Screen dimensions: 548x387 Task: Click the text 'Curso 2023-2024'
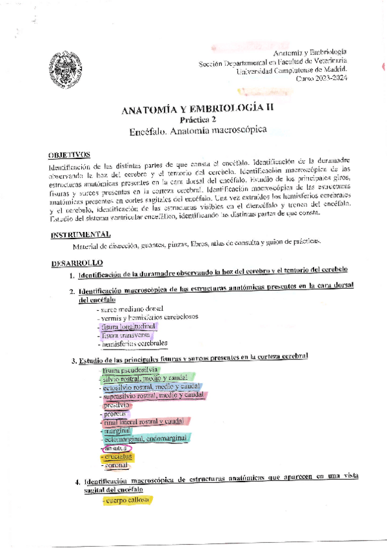[x=321, y=78]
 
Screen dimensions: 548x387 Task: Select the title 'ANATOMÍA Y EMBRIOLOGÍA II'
[x=197, y=110]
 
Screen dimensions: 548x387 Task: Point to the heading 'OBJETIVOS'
[x=71, y=155]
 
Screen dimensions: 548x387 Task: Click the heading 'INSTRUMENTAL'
[x=81, y=234]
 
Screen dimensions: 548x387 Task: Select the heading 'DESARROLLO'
[x=77, y=263]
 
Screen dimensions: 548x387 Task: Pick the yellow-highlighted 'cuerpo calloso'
[x=127, y=500]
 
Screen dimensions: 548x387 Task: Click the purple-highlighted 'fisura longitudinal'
[x=129, y=326]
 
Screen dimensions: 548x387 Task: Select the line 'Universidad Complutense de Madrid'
[x=292, y=69]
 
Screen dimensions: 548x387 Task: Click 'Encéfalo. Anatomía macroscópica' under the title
[x=197, y=130]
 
